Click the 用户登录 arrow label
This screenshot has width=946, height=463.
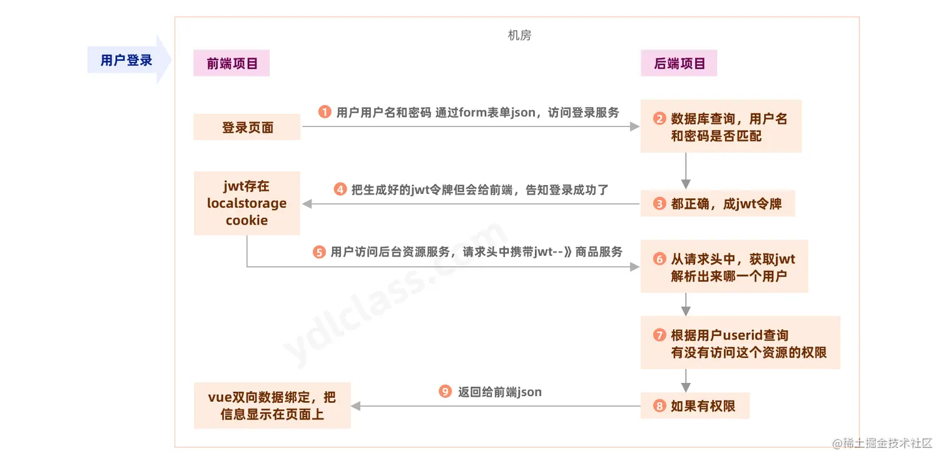pos(127,61)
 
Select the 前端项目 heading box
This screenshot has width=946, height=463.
pos(231,63)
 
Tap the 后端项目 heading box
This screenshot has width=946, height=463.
pos(679,63)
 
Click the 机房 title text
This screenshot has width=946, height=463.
pos(519,36)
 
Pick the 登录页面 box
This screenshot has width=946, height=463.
pos(247,127)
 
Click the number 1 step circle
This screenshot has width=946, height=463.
pos(324,113)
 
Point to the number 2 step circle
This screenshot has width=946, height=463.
pos(659,119)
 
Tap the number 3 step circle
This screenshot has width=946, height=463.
pos(659,204)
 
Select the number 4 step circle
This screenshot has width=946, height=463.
pos(340,189)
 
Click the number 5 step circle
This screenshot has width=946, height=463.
pos(319,252)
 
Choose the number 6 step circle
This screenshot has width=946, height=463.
pos(659,259)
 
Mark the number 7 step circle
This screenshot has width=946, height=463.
pos(659,335)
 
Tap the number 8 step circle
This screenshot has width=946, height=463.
pos(659,406)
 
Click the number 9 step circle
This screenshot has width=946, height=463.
pos(445,392)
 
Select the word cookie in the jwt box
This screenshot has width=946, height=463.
pos(247,220)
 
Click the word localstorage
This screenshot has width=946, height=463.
pos(247,203)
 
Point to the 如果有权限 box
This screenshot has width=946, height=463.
pos(695,406)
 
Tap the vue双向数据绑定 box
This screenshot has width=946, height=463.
pos(272,405)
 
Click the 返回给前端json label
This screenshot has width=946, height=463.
pos(499,392)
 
